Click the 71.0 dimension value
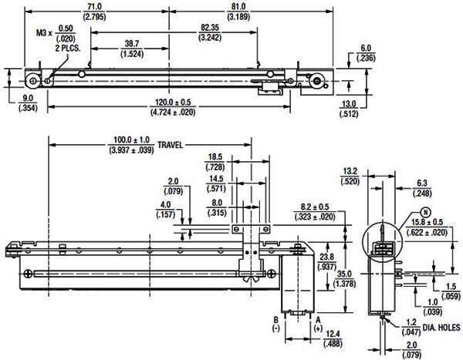pos(94,7)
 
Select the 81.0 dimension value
pos(238,7)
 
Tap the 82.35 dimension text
pos(210,28)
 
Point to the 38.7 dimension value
pos(132,44)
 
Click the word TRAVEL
pos(171,145)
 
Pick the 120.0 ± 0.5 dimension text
pos(173,103)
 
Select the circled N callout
pos(425,212)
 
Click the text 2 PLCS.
pos(68,48)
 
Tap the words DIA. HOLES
pos(441,328)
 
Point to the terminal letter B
pos(275,320)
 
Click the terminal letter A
pos(318,320)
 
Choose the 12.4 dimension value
pos(333,334)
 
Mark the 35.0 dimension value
pos(344,274)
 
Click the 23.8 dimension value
pos(326,257)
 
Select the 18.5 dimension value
pos(215,157)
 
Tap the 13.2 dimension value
pos(350,171)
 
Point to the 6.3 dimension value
pos(422,183)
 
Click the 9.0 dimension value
pos(28,98)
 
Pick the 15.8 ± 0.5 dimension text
pos(427,222)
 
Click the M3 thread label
pos(42,32)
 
